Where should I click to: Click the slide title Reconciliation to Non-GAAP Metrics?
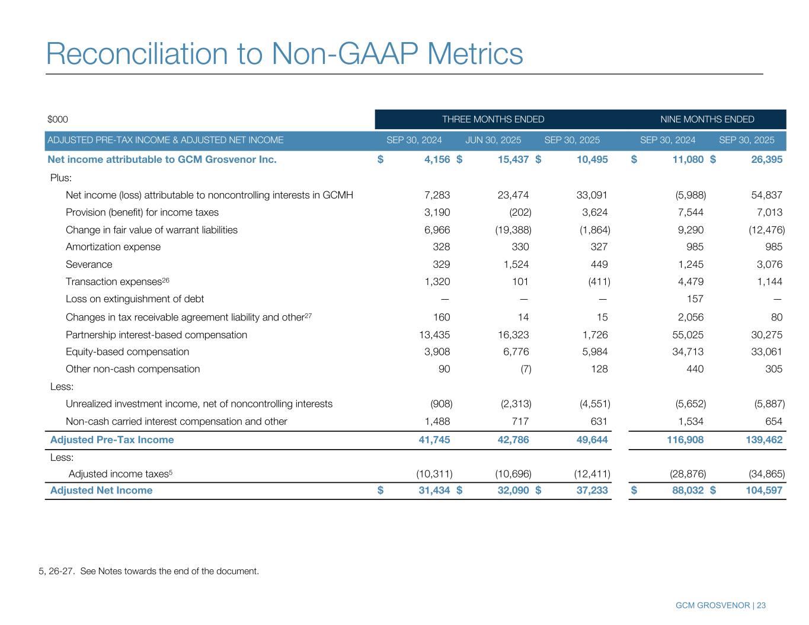(284, 53)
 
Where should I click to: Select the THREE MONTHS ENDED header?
(493, 120)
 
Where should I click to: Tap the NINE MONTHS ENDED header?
(707, 120)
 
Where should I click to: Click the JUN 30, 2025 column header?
(493, 140)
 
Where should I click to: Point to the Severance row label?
(89, 264)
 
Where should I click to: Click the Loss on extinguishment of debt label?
(135, 299)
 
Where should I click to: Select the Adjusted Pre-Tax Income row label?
(112, 440)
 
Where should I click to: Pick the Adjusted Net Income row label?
(101, 491)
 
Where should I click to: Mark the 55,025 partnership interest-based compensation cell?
(687, 335)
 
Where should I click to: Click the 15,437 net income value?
(511, 159)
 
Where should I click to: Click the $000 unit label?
(57, 120)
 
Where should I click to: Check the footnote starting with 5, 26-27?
(149, 572)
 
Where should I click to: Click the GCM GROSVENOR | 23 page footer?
(721, 605)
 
